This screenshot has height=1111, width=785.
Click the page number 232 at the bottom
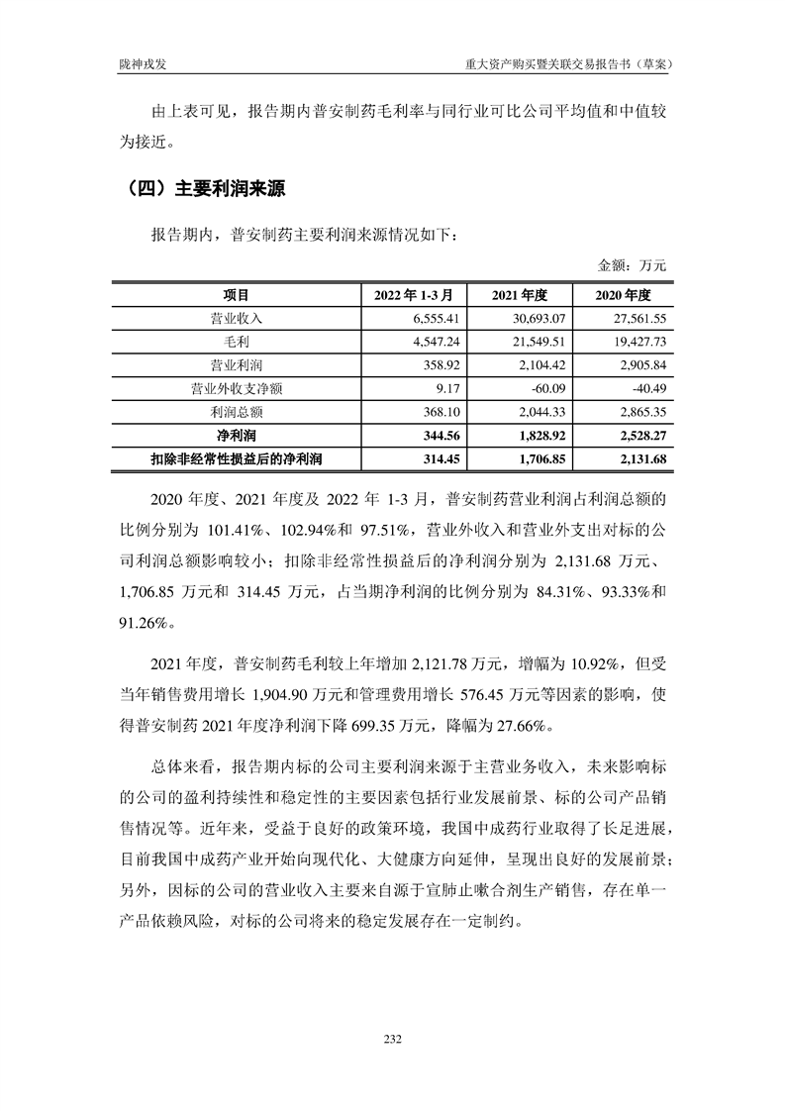pyautogui.click(x=392, y=1038)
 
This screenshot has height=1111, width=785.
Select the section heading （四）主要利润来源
pyautogui.click(x=200, y=188)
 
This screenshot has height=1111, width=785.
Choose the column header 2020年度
pyautogui.click(x=623, y=295)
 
